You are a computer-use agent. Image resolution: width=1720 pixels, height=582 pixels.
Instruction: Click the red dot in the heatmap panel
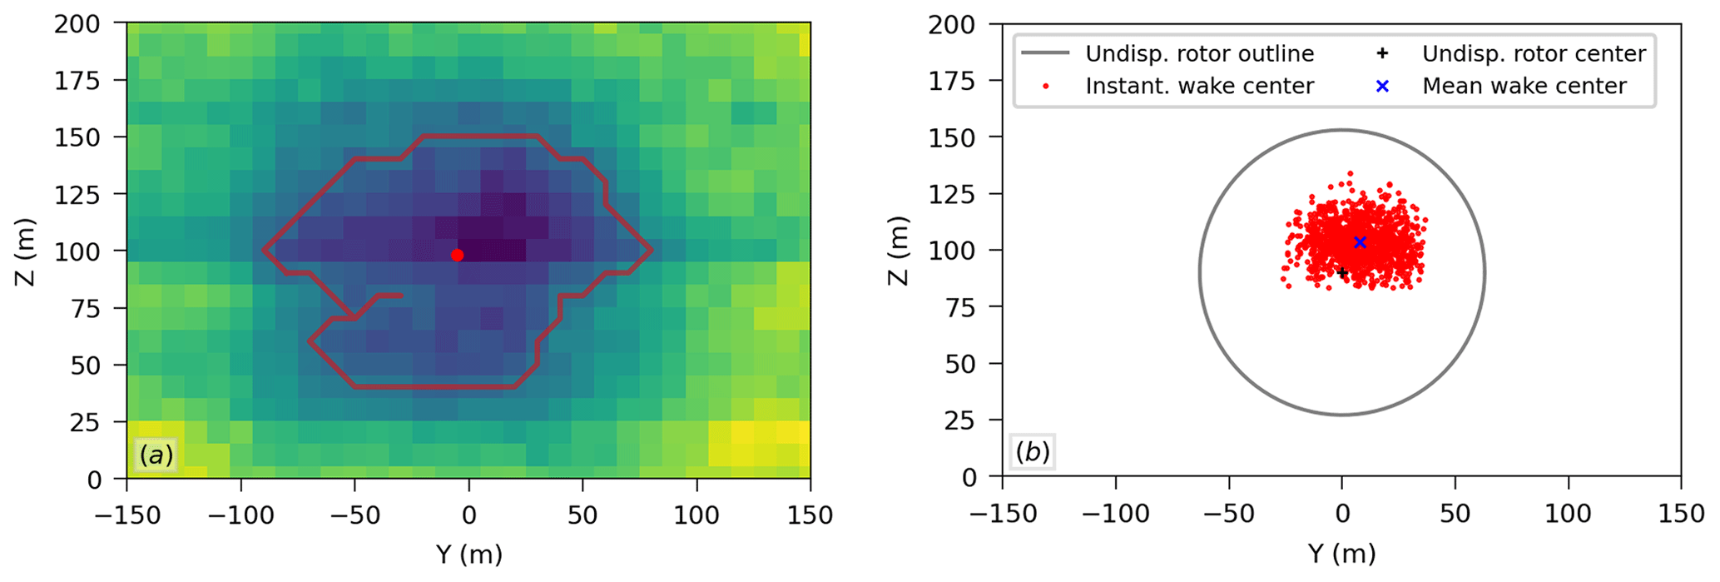point(457,255)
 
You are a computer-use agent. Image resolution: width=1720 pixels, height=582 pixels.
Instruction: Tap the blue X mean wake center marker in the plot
point(1360,242)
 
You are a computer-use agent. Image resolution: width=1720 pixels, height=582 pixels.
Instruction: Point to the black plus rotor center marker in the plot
point(1341,272)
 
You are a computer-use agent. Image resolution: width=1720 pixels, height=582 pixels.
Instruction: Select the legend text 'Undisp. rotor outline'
point(1199,54)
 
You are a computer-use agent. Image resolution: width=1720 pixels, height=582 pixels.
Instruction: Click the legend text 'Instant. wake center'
point(1199,86)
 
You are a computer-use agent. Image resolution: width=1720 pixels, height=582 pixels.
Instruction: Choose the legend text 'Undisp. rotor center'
point(1534,54)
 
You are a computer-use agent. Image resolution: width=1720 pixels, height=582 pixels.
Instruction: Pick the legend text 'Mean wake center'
point(1524,86)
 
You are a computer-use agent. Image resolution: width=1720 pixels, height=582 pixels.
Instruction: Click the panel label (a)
point(156,455)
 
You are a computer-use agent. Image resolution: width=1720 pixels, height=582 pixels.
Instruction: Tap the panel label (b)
point(1033,452)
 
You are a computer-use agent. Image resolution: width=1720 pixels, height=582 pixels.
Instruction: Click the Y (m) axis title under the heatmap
point(468,555)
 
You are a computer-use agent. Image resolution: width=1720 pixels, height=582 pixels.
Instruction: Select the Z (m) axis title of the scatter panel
point(899,251)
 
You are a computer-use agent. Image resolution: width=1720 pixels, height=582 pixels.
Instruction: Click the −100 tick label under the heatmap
point(240,516)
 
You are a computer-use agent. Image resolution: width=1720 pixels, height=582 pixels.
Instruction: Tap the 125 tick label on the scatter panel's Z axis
point(952,194)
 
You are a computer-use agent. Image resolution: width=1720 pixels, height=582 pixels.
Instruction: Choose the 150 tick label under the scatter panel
point(1681,515)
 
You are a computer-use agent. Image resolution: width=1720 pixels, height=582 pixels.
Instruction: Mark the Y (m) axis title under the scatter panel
point(1341,555)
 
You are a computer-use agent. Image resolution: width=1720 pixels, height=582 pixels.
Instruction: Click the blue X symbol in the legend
point(1382,86)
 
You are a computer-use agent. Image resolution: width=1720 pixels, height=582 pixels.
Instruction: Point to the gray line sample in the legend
point(1045,54)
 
